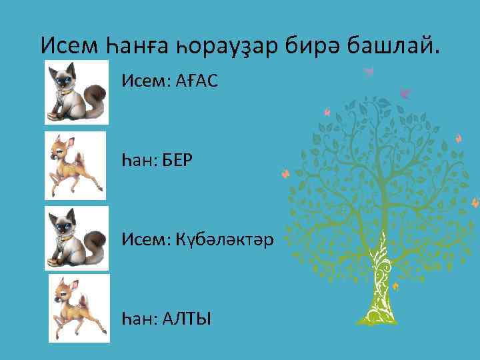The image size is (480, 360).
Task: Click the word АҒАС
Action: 197,82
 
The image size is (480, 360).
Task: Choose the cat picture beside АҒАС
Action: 77,91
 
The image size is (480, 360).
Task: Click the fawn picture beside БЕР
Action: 75,165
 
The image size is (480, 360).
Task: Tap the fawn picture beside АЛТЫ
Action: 78,309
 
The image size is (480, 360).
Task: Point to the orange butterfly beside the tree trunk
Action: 395,286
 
